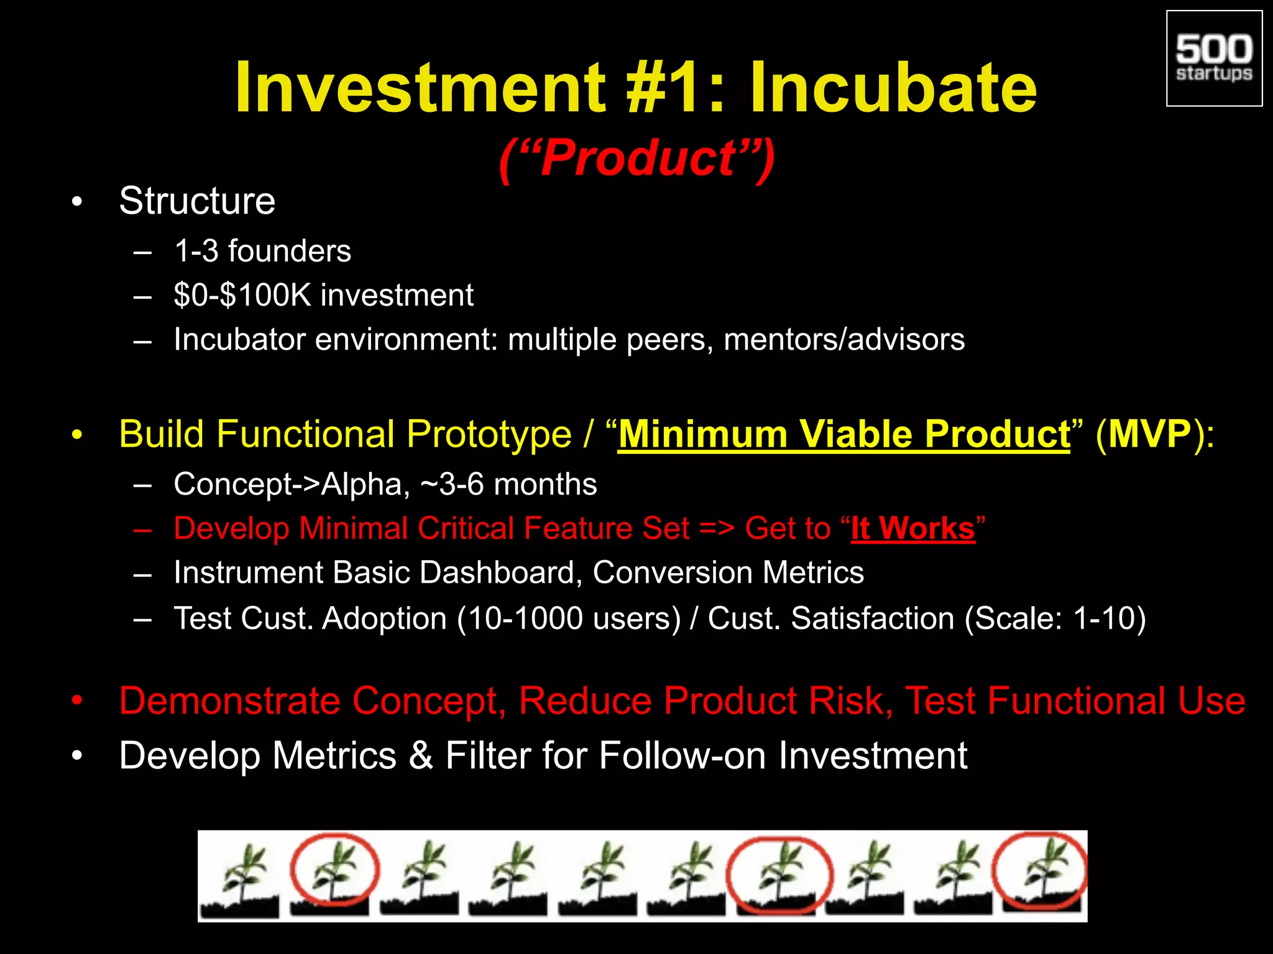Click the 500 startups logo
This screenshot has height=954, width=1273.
(x=1214, y=58)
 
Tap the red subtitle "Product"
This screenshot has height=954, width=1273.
(x=638, y=158)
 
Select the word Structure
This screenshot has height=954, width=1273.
(x=197, y=201)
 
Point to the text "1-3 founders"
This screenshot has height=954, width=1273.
(x=262, y=251)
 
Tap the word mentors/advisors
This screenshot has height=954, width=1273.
(x=844, y=340)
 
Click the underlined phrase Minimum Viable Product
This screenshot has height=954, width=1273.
(x=843, y=434)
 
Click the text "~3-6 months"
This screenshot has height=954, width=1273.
(x=508, y=484)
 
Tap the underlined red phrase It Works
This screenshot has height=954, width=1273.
(x=912, y=529)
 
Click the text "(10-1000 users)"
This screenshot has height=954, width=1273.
(x=569, y=619)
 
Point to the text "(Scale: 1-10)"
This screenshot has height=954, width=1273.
(x=1055, y=619)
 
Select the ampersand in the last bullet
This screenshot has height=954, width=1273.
(x=421, y=756)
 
